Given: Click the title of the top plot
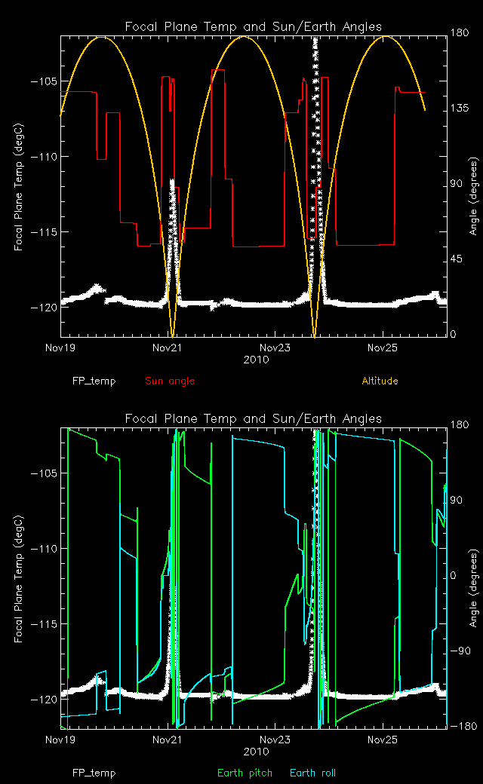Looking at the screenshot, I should tap(254, 27).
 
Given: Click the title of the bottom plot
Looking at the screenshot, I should tap(254, 418).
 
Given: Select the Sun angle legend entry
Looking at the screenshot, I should tap(170, 381).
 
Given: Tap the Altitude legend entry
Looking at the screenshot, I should tap(380, 381).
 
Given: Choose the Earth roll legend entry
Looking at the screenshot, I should tap(312, 773).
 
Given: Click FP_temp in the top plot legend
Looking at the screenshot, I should tap(94, 381).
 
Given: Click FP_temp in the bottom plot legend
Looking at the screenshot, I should tap(94, 773).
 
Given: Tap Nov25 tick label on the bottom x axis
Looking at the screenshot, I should tap(383, 741).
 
